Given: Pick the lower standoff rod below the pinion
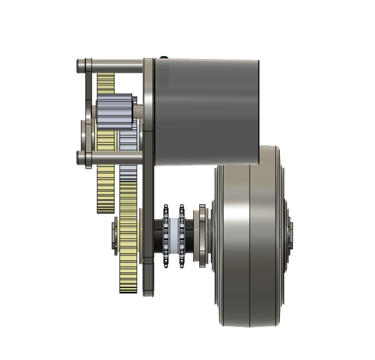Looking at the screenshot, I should (113, 156).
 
